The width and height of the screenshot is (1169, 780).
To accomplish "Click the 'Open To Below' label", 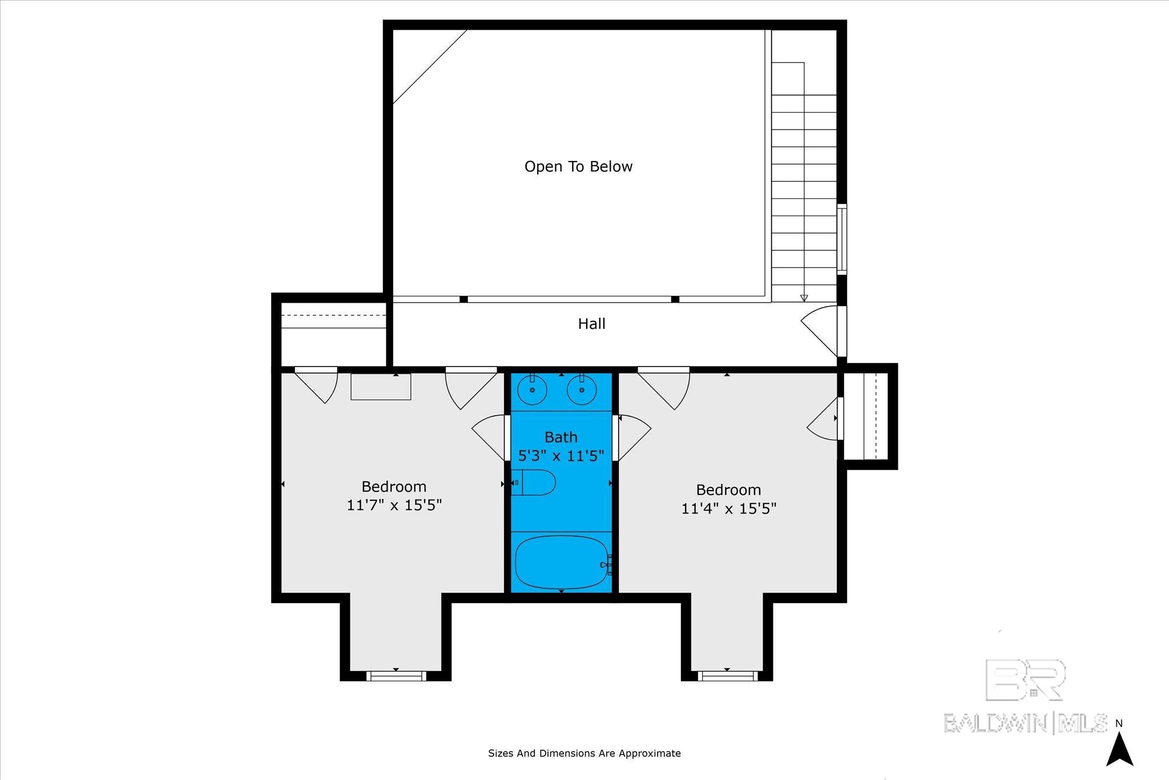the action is [578, 167].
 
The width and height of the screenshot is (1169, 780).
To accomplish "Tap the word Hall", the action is [591, 324].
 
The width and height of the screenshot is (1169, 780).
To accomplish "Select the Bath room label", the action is [561, 437].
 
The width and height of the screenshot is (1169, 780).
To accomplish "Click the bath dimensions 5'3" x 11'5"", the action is [561, 456].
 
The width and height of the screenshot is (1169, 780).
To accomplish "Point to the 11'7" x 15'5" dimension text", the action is [394, 505].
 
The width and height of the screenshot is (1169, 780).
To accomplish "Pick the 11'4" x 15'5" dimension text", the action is [729, 508].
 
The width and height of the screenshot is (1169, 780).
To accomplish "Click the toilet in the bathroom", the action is [533, 483].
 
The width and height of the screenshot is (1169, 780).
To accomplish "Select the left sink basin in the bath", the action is [532, 390].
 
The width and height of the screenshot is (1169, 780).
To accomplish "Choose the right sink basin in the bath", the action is [582, 390].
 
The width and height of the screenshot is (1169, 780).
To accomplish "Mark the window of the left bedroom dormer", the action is [396, 676].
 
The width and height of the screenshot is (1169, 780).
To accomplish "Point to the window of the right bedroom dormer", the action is [727, 676].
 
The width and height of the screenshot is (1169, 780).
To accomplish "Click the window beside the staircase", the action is [842, 239].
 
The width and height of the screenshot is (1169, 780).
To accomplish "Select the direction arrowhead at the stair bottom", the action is [804, 298].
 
